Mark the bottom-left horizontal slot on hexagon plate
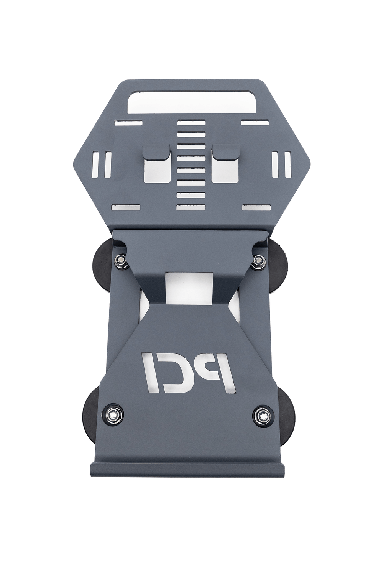click(125, 207)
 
